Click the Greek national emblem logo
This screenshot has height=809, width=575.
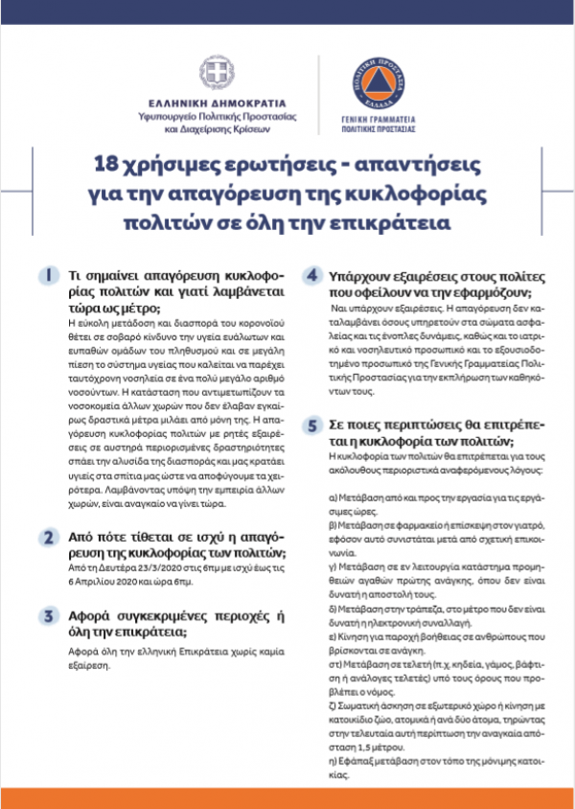click(x=215, y=72)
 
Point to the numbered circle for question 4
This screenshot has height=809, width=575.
click(x=311, y=275)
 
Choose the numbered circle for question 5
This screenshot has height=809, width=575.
click(x=311, y=426)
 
